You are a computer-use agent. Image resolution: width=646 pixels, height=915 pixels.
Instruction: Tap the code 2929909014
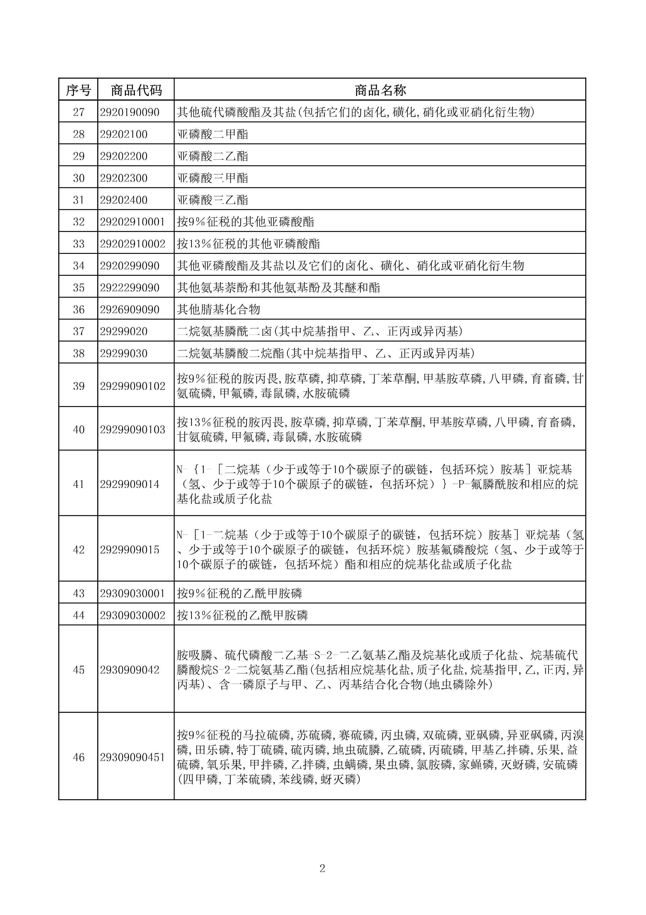click(x=130, y=485)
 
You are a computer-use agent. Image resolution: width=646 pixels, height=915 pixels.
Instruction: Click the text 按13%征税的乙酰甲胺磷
click(x=242, y=615)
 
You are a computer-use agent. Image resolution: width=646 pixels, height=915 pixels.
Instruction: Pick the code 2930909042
click(x=130, y=670)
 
